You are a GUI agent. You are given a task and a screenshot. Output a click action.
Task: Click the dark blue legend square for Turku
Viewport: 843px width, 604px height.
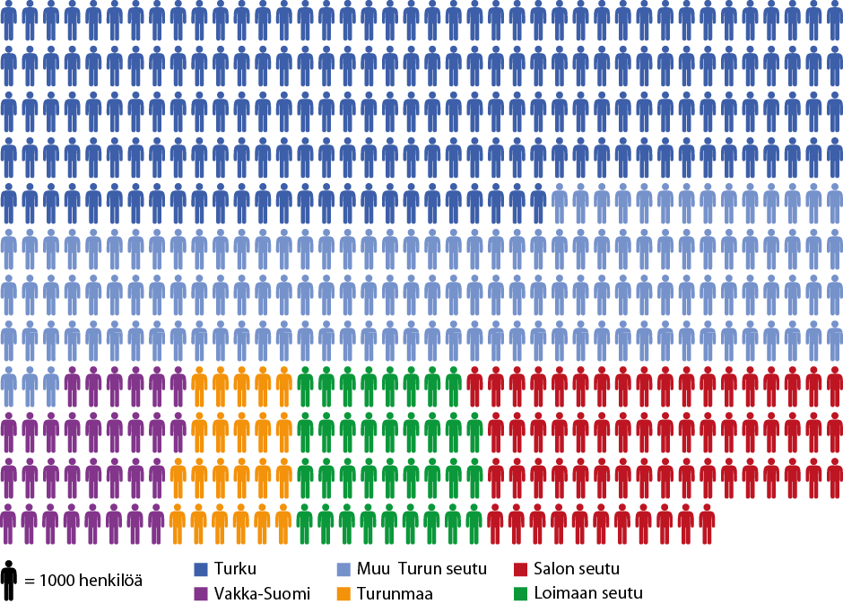tap(202, 569)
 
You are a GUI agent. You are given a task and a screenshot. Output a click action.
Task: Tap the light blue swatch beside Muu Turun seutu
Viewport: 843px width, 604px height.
tap(343, 569)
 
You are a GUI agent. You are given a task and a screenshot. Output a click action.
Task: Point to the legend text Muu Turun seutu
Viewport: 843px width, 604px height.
tap(421, 569)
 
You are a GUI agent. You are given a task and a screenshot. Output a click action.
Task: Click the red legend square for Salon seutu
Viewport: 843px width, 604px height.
tap(521, 569)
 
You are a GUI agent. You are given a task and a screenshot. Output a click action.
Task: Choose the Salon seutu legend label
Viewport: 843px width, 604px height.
tap(576, 569)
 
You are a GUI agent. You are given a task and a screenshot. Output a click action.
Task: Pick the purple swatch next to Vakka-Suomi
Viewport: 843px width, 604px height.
tap(202, 593)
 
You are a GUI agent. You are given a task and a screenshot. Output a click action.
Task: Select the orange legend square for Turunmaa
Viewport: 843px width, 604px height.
tap(343, 593)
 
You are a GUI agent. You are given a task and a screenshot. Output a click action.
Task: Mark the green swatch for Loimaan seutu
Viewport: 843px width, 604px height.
tap(521, 593)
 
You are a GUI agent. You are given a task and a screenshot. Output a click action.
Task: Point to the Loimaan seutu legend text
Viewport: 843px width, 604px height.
tap(587, 593)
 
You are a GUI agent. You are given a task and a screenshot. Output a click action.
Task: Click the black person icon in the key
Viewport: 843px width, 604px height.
tap(9, 582)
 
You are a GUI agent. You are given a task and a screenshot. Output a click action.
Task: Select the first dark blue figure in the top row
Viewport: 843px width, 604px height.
tap(9, 20)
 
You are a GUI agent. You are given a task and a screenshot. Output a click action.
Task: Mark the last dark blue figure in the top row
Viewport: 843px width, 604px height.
tap(834, 20)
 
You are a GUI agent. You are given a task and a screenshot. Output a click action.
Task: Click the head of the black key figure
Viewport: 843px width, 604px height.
tap(9, 565)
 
